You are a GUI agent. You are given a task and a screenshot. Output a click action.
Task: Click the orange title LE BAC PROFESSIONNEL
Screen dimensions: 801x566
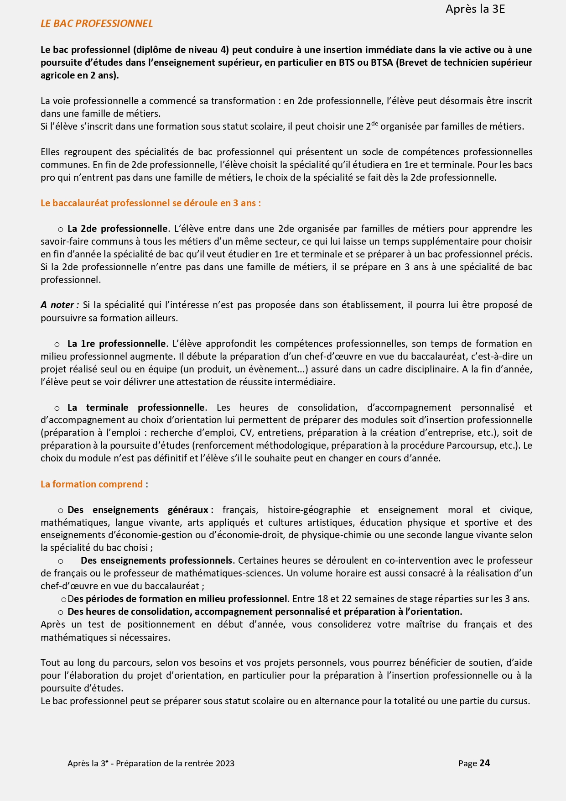pos(97,24)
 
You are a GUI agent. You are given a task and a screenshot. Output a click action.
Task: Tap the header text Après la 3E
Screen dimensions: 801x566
pos(475,9)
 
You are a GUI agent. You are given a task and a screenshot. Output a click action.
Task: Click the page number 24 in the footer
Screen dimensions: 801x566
pos(485,763)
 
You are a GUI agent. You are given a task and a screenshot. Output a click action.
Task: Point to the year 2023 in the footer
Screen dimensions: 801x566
pos(225,764)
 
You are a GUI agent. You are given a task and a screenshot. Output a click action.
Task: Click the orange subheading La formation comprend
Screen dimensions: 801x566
pos(92,484)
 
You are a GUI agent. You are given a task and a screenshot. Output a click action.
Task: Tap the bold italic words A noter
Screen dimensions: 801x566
pos(59,305)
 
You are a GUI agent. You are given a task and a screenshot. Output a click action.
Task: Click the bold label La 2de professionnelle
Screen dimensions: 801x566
pos(118,229)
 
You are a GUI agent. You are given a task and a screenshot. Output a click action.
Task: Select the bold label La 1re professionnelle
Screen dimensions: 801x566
pos(116,344)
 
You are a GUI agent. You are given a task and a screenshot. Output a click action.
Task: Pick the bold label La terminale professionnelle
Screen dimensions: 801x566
pos(136,408)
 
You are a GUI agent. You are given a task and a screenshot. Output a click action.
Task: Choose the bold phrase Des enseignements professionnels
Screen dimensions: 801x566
pos(156,560)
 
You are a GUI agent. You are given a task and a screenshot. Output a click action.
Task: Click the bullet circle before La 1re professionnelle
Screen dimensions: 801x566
pos(57,344)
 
